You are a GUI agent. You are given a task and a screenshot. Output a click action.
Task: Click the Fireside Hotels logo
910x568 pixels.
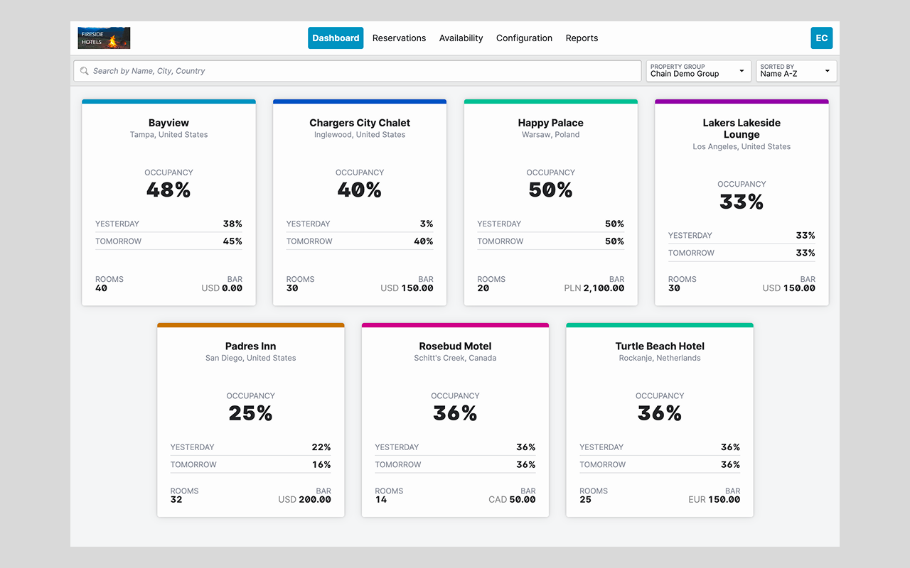[x=104, y=38]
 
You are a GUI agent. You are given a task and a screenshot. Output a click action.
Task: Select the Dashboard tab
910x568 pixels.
[x=336, y=38]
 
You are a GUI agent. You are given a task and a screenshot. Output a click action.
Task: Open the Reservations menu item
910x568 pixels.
[x=399, y=38]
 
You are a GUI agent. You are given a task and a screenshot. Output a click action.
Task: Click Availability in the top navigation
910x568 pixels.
[x=461, y=38]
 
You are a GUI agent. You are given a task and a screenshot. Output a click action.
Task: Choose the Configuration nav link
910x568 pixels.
[x=524, y=38]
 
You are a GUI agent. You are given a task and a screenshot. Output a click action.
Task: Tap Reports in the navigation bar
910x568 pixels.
[x=582, y=38]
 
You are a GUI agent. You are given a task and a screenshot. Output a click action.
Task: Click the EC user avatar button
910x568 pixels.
[x=821, y=38]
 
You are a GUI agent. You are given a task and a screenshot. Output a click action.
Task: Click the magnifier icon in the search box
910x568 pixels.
[x=84, y=71]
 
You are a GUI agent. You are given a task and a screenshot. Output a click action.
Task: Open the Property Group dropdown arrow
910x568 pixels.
[x=742, y=71]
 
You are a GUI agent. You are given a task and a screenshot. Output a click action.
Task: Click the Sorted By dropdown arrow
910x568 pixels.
[x=827, y=71]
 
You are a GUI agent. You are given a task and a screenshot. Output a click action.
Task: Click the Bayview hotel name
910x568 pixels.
[x=168, y=123]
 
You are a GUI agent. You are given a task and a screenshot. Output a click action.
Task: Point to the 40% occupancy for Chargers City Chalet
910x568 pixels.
[x=360, y=190]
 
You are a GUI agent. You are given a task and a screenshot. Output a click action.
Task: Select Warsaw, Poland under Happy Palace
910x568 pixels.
[x=550, y=135]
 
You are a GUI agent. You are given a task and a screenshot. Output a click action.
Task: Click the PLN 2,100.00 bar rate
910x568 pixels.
[x=594, y=288]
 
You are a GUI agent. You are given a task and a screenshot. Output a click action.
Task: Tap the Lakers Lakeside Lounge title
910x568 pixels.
[x=742, y=129]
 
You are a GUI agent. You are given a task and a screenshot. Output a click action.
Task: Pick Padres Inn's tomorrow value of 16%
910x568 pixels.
[x=321, y=464]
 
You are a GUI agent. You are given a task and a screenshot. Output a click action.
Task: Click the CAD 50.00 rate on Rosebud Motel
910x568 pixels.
[x=512, y=499]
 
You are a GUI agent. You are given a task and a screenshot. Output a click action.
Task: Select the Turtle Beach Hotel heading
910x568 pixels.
[x=660, y=346]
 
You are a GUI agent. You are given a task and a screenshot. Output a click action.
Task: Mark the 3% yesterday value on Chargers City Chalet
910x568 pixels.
[x=427, y=224]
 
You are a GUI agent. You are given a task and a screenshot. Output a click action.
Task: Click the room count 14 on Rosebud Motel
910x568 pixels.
[x=380, y=499]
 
